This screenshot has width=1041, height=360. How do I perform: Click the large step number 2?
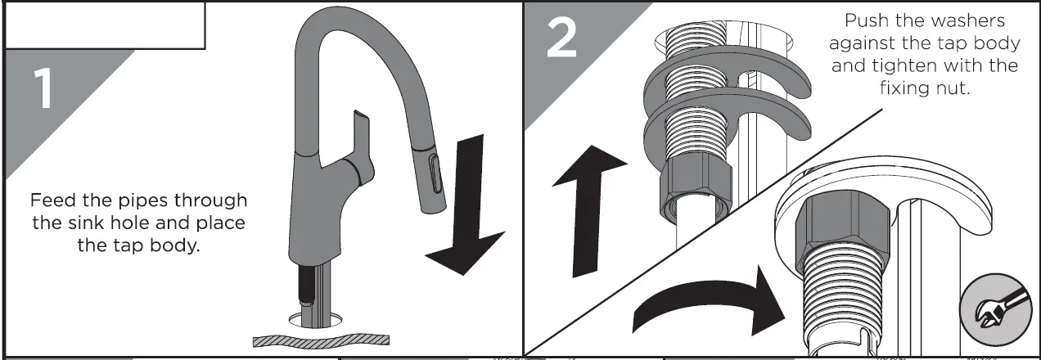coord(562,38)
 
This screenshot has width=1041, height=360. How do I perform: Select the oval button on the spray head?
coord(435,173)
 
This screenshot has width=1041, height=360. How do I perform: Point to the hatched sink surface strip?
coord(321,340)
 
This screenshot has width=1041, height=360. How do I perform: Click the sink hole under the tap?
coord(315,320)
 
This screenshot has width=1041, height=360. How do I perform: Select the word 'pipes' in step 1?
coord(143,201)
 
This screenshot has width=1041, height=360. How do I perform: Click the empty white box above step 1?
coord(105,25)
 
